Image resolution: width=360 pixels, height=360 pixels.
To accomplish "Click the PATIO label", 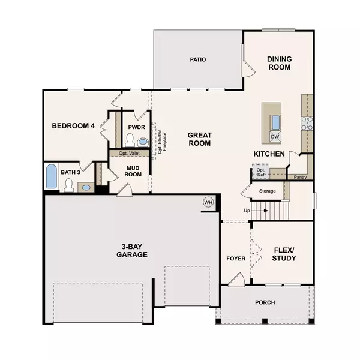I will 198,60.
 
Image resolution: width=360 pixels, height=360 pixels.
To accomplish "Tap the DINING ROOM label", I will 279,63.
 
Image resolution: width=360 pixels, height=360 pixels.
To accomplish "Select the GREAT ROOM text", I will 199,139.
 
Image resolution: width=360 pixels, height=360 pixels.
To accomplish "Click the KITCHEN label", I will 268,154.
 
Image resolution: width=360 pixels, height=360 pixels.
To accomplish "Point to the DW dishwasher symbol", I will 275,137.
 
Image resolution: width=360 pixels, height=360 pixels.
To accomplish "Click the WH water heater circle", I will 209,202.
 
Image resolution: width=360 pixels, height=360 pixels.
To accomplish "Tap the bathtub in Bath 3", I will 52,176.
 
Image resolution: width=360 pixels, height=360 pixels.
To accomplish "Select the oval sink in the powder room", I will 142,142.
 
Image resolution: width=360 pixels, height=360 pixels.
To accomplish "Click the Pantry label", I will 299,177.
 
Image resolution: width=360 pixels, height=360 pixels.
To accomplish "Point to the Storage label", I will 268,191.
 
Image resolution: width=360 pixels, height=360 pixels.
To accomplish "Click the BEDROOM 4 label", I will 73,126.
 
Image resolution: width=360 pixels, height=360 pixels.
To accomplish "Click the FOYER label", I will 235,259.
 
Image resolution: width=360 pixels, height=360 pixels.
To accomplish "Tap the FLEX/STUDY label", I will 284,254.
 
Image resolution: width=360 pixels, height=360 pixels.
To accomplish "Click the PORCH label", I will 265,302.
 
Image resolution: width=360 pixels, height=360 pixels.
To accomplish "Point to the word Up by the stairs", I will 246,211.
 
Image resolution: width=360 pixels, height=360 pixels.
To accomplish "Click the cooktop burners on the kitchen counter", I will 307,123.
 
